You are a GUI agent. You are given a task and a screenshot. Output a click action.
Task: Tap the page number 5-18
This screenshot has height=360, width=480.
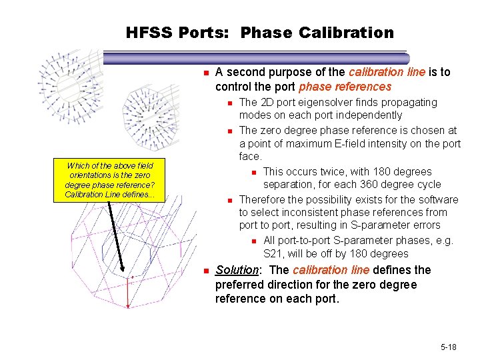(449, 347)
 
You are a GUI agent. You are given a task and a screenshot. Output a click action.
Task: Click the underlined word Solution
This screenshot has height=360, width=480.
(237, 270)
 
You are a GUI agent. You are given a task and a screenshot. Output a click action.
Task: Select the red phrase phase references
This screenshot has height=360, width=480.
(345, 87)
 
